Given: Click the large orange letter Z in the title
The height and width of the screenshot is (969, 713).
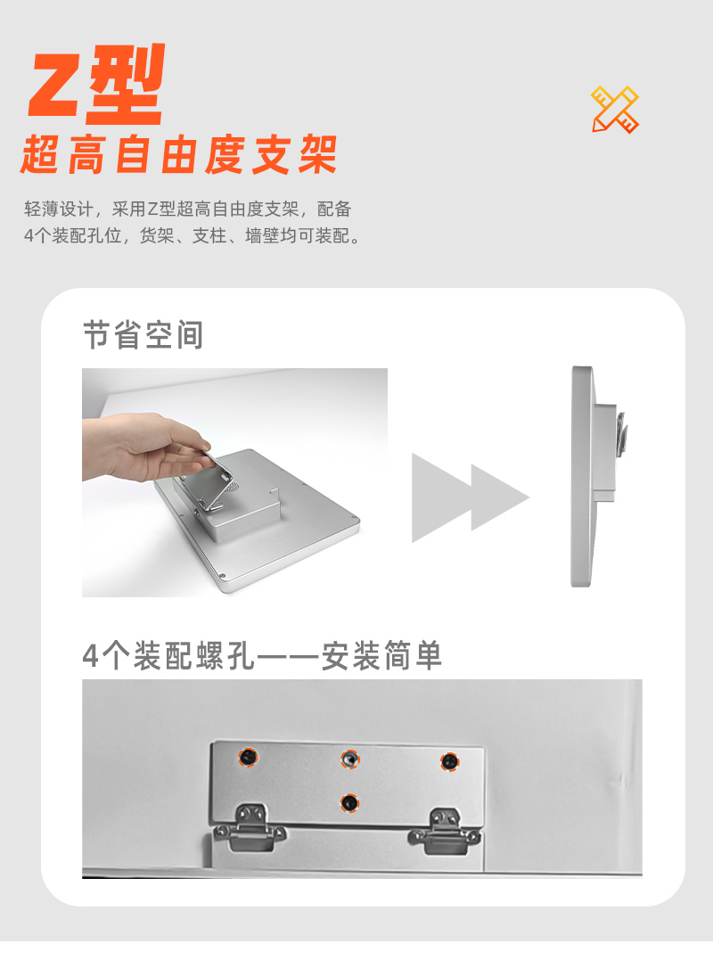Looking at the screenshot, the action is (x=58, y=86).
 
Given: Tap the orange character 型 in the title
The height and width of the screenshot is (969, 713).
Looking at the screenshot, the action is (x=127, y=84).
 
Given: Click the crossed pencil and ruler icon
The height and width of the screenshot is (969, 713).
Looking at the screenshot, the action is (x=615, y=110).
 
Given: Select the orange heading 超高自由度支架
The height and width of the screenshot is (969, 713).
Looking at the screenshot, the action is (x=179, y=154).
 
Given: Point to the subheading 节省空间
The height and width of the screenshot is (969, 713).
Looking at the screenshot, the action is (x=143, y=334).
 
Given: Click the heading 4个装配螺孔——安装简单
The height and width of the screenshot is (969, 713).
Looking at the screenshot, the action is (x=262, y=656).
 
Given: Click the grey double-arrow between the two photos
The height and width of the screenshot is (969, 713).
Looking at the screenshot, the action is (x=471, y=497).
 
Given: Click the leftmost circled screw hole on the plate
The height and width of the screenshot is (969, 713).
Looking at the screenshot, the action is (x=249, y=757).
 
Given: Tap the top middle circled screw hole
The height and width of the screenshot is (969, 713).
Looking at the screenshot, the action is (x=349, y=759).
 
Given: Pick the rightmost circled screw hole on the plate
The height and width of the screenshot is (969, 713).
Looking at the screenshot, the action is (x=449, y=762).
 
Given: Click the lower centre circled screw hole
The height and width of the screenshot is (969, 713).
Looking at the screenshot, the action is (x=349, y=803).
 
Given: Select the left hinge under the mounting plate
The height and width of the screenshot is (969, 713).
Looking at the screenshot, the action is (x=250, y=827).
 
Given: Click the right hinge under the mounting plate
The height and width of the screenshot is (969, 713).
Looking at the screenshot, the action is (x=445, y=831).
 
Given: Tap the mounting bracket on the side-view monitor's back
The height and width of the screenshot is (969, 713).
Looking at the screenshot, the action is (x=620, y=434).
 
